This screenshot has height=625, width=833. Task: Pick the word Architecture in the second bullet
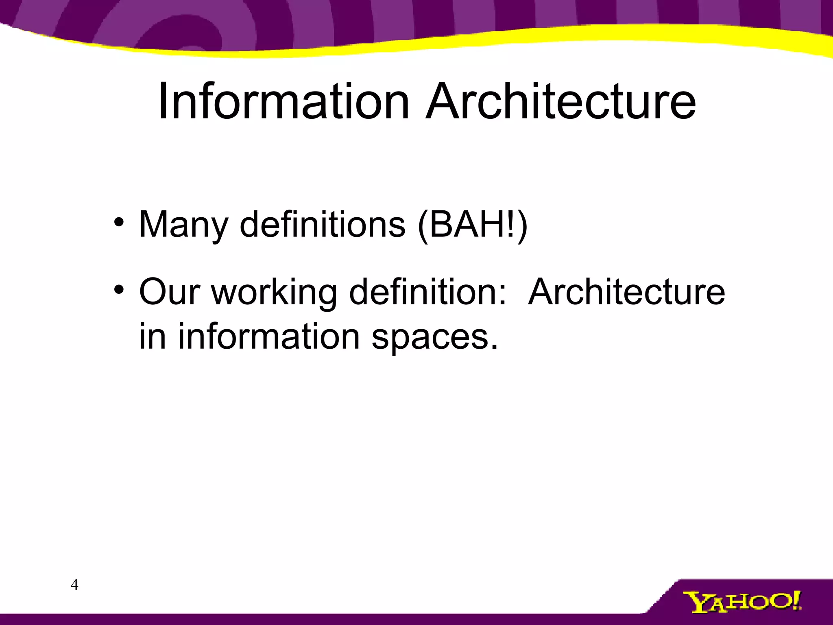point(626,292)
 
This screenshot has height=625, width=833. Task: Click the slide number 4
point(74,585)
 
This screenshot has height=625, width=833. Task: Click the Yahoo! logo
point(742,602)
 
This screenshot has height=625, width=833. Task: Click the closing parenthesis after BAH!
point(522,225)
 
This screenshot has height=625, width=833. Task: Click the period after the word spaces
point(494,347)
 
